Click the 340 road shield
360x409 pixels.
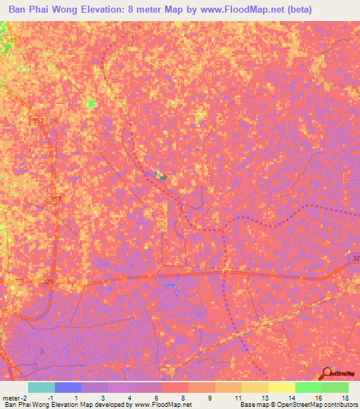click(x=10, y=41)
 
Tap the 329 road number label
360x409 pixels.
click(x=48, y=282)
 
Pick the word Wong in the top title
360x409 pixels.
click(x=66, y=10)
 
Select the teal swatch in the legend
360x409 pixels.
click(x=41, y=387)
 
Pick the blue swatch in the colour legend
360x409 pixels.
click(x=67, y=387)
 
